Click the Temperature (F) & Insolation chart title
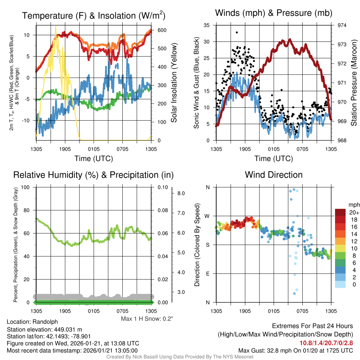(94, 16)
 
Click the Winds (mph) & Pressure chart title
(274, 13)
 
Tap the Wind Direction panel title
(274, 175)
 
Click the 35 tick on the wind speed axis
(207, 25)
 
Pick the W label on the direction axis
(207, 216)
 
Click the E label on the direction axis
(207, 274)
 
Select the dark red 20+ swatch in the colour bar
(340, 212)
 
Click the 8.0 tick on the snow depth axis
(181, 193)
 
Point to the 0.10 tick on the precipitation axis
(162, 187)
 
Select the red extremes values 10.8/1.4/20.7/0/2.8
(326, 343)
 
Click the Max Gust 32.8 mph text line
(295, 350)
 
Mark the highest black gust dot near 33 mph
(237, 32)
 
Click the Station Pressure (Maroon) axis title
(354, 83)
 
